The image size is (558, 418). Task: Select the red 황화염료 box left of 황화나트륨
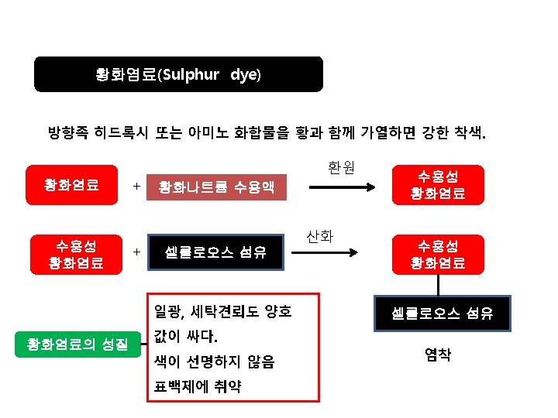71,184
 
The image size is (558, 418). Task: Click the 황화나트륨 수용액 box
216,187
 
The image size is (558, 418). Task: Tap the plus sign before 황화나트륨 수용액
136,187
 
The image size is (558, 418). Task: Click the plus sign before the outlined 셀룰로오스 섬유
136,252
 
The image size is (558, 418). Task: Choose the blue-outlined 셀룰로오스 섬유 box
216,252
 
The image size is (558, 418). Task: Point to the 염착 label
438,355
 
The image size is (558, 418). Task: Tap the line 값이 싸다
186,337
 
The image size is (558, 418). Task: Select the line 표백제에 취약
197,385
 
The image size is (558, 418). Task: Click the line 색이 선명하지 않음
214,361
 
